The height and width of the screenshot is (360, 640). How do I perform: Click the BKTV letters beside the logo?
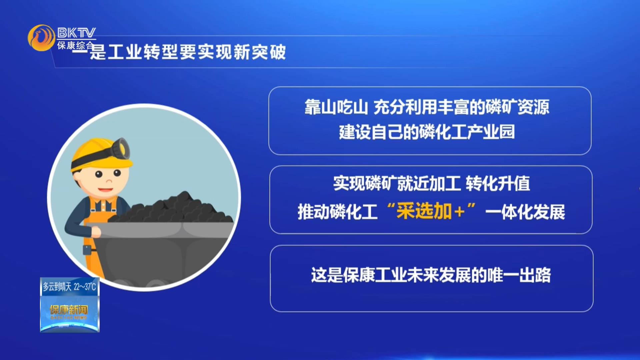76,33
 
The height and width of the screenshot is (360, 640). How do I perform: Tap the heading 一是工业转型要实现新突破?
179,52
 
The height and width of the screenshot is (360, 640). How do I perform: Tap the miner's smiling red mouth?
106,190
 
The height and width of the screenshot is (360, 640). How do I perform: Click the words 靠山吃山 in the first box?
336,107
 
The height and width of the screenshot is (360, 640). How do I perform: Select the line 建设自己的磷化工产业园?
427,132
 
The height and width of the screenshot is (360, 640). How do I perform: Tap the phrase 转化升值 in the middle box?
498,183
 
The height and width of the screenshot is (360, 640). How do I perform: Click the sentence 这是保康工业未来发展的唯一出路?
431,275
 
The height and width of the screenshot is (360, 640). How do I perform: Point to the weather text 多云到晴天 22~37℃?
69,287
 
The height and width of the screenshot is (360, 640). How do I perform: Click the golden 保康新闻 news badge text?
69,310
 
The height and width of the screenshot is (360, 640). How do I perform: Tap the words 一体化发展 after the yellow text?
525,212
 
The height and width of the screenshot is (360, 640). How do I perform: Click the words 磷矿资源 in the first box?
517,107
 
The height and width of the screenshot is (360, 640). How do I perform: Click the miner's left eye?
99,174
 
